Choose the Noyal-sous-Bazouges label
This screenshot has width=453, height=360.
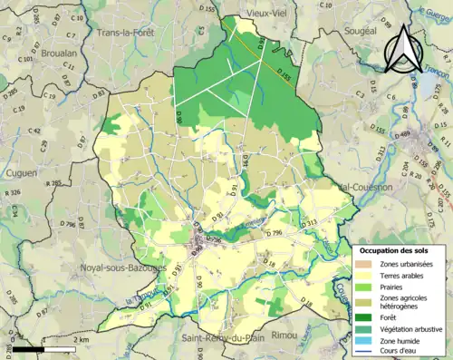[x=122, y=268]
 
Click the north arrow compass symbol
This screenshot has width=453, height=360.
[x=400, y=48]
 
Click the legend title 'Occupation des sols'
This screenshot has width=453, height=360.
[x=395, y=249]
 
